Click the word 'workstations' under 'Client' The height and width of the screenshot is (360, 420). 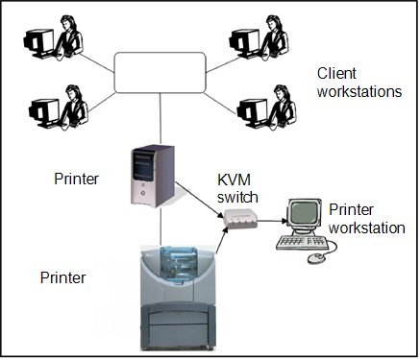(x=359, y=93)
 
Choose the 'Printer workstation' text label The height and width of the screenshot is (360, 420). (x=365, y=219)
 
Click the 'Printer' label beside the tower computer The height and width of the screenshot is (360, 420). (x=76, y=178)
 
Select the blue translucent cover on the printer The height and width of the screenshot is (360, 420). (x=182, y=260)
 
